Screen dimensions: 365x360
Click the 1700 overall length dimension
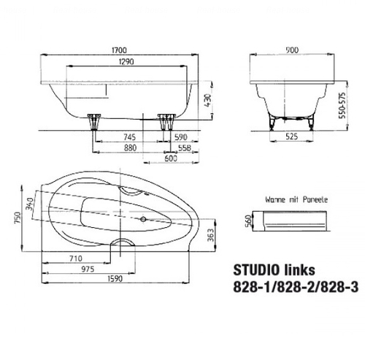pyautogui.click(x=119, y=50)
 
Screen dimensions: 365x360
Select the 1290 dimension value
pyautogui.click(x=126, y=61)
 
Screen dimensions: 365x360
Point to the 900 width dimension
pyautogui.click(x=292, y=50)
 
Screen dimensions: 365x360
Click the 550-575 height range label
pyautogui.click(x=342, y=105)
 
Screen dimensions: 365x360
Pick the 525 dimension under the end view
pyautogui.click(x=291, y=137)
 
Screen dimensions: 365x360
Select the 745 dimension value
pyautogui.click(x=129, y=137)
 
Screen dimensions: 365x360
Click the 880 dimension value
pyautogui.click(x=130, y=148)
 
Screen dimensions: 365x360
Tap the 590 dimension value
pyautogui.click(x=181, y=137)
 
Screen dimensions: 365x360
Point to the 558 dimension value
pyautogui.click(x=185, y=148)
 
